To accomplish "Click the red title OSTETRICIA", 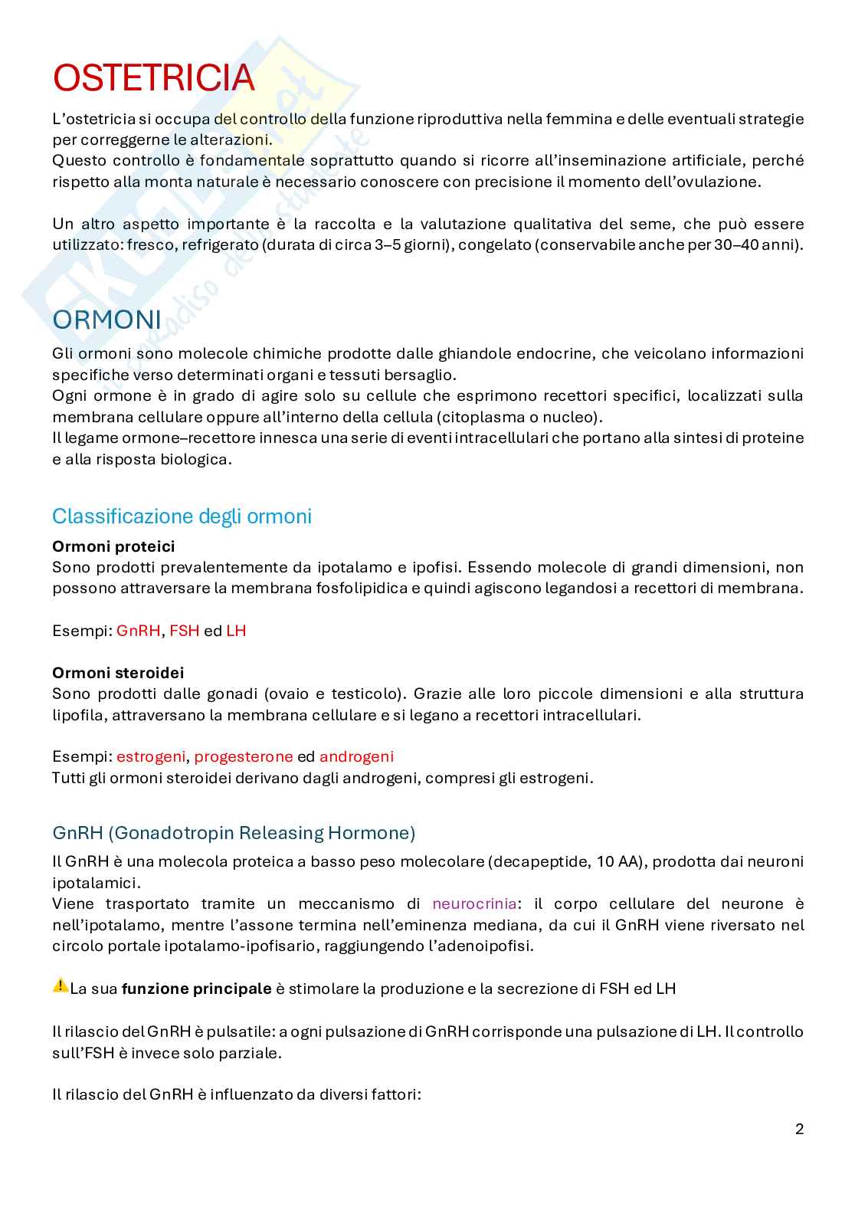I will click(x=153, y=78).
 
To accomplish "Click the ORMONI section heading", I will click(x=106, y=320).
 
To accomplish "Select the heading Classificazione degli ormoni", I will click(x=182, y=516).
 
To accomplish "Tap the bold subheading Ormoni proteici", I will click(x=113, y=546).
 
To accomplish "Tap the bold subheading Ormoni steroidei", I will click(x=118, y=672).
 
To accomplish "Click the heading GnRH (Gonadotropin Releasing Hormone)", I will click(x=234, y=832).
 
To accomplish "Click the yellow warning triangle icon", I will click(x=60, y=986).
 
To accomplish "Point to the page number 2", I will click(x=800, y=1129).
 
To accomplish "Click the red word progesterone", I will click(x=243, y=756).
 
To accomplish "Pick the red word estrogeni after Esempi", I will click(x=151, y=756).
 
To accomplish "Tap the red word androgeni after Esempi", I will click(x=356, y=756).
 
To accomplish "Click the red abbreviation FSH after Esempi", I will click(x=184, y=631).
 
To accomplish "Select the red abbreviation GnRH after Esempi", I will click(x=139, y=631).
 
